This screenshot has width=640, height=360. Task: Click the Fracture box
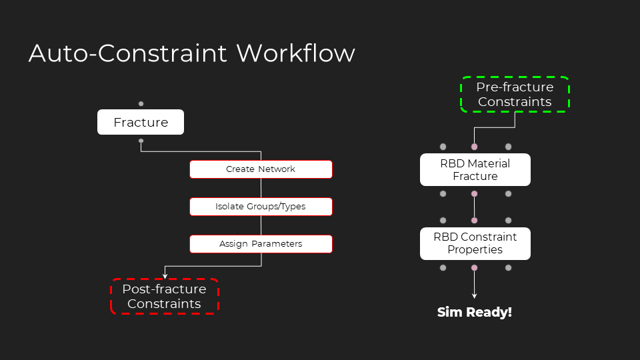(x=141, y=122)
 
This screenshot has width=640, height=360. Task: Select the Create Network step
(x=261, y=169)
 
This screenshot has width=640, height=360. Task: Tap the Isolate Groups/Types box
(x=261, y=207)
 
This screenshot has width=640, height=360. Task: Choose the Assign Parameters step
(x=261, y=244)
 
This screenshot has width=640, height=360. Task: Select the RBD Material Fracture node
(x=475, y=170)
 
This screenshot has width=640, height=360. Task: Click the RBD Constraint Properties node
(x=475, y=244)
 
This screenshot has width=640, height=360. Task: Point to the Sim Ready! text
(x=474, y=312)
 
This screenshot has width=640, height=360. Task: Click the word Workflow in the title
(x=295, y=53)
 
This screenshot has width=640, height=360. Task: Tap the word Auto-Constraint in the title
(x=128, y=53)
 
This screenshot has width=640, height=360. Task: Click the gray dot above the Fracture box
(x=141, y=104)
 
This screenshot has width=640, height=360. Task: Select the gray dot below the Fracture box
(x=141, y=141)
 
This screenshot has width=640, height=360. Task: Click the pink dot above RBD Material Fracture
(x=474, y=147)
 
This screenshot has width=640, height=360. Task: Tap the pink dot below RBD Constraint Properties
(x=474, y=268)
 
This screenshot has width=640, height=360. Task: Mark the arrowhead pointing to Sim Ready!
(x=474, y=296)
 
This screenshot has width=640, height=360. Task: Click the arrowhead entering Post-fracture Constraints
(x=165, y=276)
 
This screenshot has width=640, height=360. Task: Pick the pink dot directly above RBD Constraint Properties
(x=474, y=221)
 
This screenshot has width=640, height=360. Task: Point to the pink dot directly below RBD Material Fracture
(x=474, y=194)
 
